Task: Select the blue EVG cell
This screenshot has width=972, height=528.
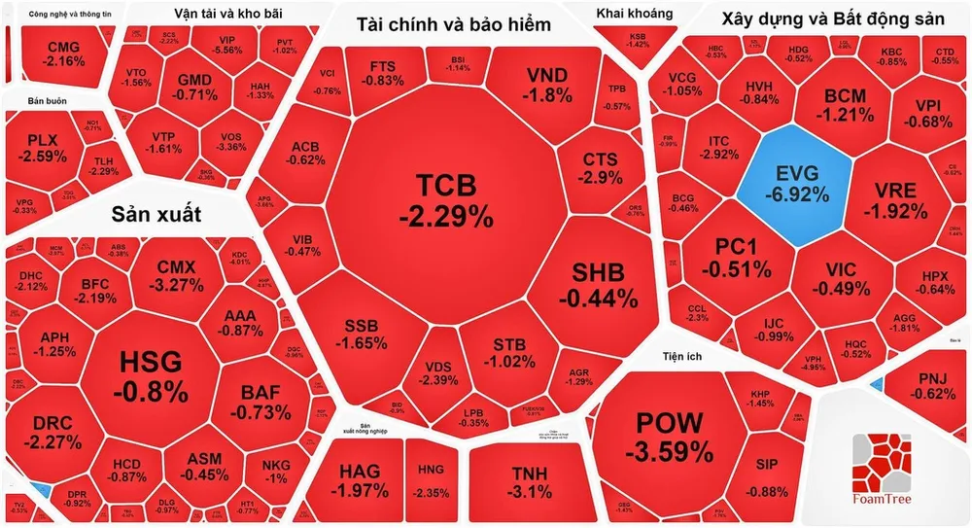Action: pyautogui.click(x=796, y=183)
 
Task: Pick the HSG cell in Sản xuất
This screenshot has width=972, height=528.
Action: pyautogui.click(x=150, y=377)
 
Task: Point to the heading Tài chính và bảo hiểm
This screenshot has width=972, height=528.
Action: pyautogui.click(x=453, y=24)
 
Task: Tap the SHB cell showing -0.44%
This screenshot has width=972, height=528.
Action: pyautogui.click(x=597, y=285)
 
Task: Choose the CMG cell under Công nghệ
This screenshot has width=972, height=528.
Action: pyautogui.click(x=64, y=53)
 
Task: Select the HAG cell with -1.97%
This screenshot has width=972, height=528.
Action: pyautogui.click(x=360, y=479)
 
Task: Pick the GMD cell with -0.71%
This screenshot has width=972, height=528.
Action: pyautogui.click(x=196, y=87)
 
